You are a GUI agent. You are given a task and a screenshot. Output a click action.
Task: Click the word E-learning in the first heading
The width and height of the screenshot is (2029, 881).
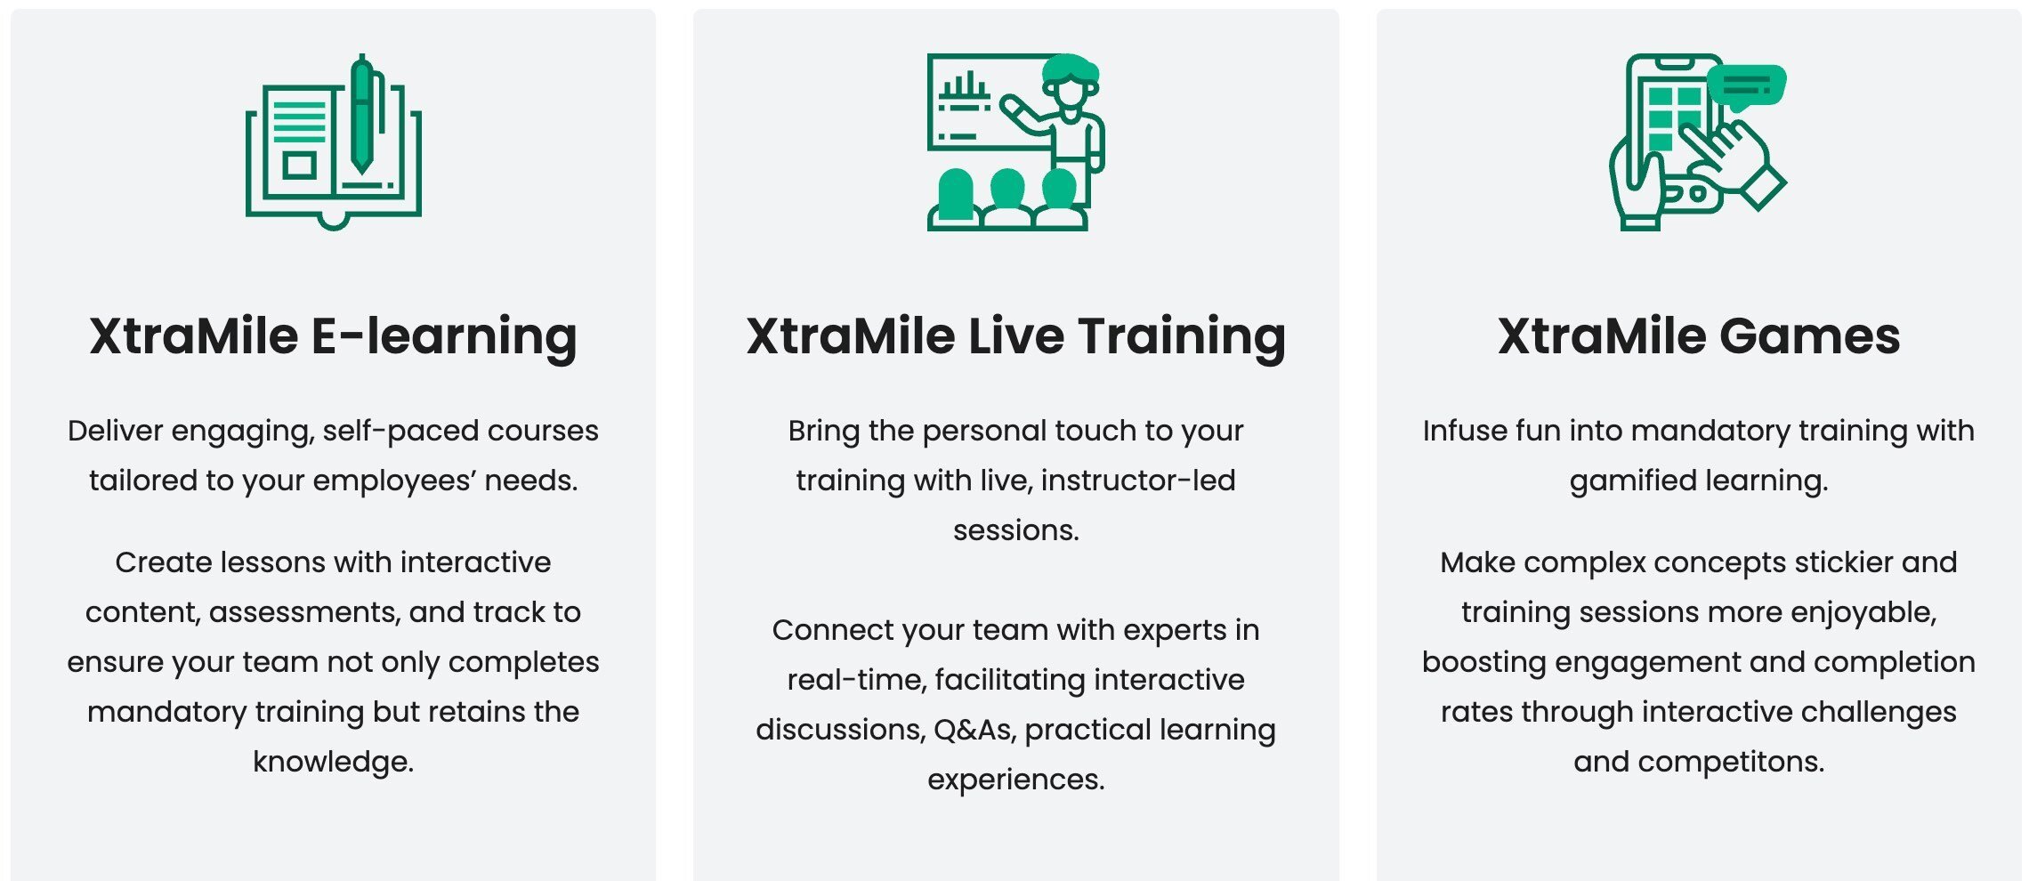(x=444, y=336)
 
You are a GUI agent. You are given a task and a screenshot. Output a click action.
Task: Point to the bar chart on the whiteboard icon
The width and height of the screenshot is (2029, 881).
(x=964, y=86)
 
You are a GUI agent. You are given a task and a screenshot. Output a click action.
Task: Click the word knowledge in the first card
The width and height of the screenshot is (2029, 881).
(x=333, y=762)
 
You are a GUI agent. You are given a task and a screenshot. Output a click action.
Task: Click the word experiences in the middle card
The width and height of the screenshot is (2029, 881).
(x=1015, y=780)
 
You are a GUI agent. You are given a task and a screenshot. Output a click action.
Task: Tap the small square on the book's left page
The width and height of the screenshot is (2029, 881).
(x=299, y=166)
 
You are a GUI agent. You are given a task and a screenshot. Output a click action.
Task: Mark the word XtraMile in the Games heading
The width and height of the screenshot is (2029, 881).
(x=1601, y=336)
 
